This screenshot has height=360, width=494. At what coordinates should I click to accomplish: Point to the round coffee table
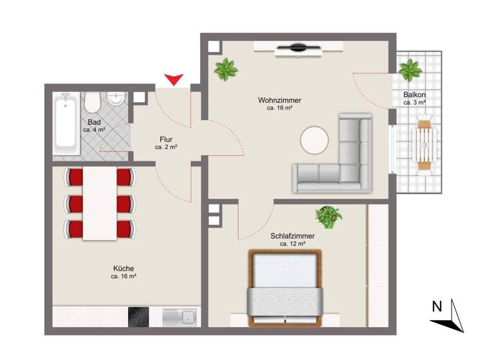tap(315, 139)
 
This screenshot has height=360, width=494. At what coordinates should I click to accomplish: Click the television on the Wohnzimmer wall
tap(297, 47)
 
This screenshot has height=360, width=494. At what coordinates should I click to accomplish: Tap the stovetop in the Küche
tap(139, 317)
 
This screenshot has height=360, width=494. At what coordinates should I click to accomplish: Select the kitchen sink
tap(181, 317)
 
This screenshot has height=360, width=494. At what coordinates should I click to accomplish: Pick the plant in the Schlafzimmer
tap(329, 216)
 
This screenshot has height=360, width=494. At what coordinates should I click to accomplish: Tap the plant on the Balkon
tap(409, 69)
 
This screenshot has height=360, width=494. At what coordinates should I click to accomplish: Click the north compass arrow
tap(455, 316)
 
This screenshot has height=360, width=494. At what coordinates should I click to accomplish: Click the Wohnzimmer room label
tap(280, 100)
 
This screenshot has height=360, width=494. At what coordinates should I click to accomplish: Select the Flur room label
tap(166, 139)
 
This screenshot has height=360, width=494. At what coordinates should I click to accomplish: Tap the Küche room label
tap(123, 268)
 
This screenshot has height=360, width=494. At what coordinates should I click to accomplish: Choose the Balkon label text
tap(414, 94)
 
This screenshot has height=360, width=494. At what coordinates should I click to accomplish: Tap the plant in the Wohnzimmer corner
tap(225, 69)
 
